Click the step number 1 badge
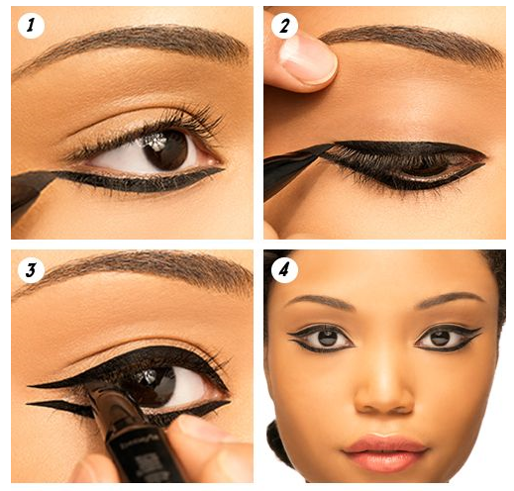click(31, 26)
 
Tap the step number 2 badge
click(284, 26)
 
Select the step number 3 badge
click(31, 269)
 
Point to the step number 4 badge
click(284, 269)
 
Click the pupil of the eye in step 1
click(165, 150)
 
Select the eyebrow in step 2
click(413, 42)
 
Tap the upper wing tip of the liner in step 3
click(29, 385)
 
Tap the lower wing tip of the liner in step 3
click(28, 403)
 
